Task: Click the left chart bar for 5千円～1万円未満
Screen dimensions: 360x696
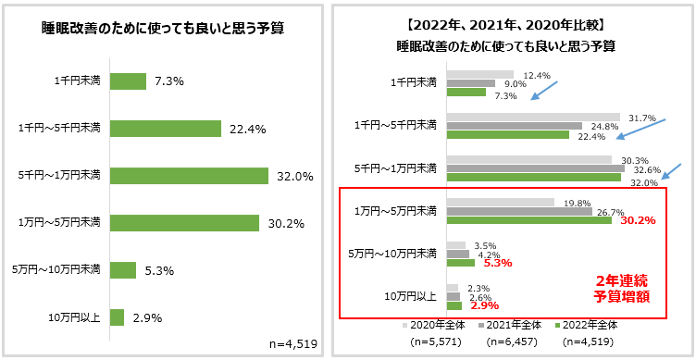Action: pyautogui.click(x=189, y=175)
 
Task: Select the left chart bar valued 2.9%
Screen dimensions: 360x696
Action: pyautogui.click(x=117, y=317)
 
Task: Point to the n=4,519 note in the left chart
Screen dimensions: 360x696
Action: pyautogui.click(x=292, y=343)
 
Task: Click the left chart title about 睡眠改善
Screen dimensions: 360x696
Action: pyautogui.click(x=162, y=28)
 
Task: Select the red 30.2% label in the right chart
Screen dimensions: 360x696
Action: pyautogui.click(x=638, y=220)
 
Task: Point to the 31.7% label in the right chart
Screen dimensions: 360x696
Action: pyautogui.click(x=641, y=118)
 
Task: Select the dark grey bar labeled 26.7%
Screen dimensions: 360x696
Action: pyautogui.click(x=506, y=211)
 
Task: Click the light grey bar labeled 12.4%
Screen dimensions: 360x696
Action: pyautogui.click(x=479, y=74)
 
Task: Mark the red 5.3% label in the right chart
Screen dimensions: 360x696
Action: pyautogui.click(x=498, y=263)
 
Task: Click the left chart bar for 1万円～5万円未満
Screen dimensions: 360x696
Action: pyautogui.click(x=184, y=222)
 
